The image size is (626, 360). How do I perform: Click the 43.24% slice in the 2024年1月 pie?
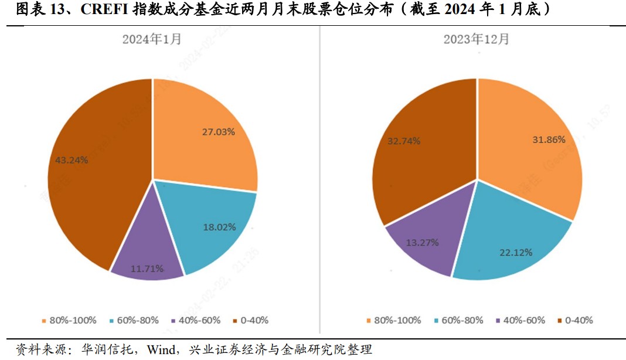(x=88, y=170)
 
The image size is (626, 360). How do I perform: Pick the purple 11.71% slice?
(x=147, y=258)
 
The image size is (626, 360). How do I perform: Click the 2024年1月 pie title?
(x=152, y=39)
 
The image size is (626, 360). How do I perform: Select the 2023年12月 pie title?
(x=476, y=39)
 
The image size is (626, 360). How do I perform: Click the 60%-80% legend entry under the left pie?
(x=134, y=320)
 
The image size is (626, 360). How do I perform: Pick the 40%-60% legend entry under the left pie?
(x=196, y=320)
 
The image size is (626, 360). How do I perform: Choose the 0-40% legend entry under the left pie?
(x=250, y=320)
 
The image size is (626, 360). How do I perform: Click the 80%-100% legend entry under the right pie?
(x=393, y=320)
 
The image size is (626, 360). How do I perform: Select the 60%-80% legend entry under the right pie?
(x=459, y=320)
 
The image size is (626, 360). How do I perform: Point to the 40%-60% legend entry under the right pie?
(x=520, y=320)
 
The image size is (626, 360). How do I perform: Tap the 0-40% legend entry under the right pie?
(x=575, y=320)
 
